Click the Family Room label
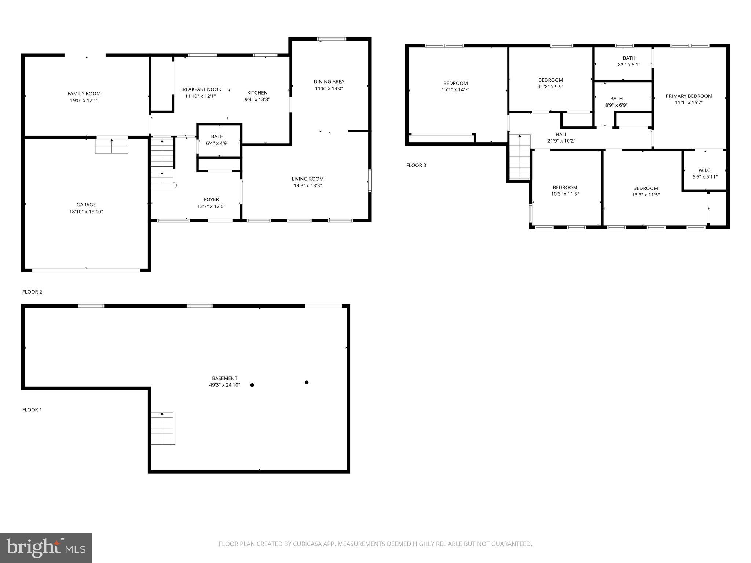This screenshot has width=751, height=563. pyautogui.click(x=84, y=94)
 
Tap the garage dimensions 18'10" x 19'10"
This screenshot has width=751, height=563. pyautogui.click(x=86, y=212)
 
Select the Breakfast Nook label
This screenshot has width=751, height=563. pyautogui.click(x=200, y=89)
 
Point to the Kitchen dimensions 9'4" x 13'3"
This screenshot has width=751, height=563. pyautogui.click(x=257, y=99)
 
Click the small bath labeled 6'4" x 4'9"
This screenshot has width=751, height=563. pyautogui.click(x=217, y=140)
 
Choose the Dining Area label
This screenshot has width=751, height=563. pyautogui.click(x=329, y=82)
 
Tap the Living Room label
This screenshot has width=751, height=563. pyautogui.click(x=308, y=179)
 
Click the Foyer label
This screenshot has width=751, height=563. pyautogui.click(x=211, y=200)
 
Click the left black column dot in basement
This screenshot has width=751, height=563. pyautogui.click(x=252, y=385)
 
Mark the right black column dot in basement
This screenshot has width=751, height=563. pyautogui.click(x=307, y=382)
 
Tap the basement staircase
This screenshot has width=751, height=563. pyautogui.click(x=163, y=428)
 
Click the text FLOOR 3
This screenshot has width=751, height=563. pyautogui.click(x=416, y=165)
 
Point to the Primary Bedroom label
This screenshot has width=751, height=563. pyautogui.click(x=689, y=96)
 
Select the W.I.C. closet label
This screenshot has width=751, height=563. pyautogui.click(x=705, y=170)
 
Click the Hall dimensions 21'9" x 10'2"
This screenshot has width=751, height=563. pyautogui.click(x=561, y=141)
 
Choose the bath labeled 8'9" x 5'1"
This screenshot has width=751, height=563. pyautogui.click(x=629, y=61)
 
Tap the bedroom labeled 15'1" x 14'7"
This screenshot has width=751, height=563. pyautogui.click(x=455, y=87)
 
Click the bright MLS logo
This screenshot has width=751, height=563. pyautogui.click(x=46, y=548)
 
